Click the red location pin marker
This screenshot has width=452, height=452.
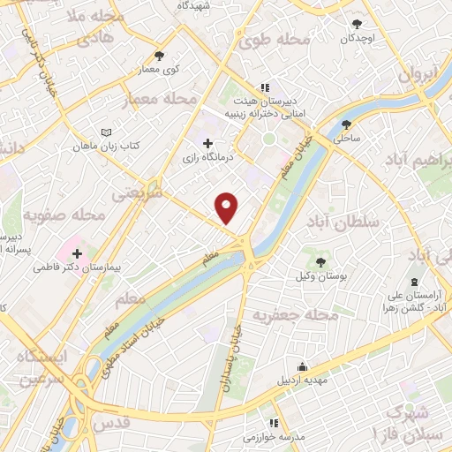227,207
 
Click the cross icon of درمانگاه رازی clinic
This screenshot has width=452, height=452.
207,143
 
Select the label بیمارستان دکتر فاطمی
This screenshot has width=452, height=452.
78,266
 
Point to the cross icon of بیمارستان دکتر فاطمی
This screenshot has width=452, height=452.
78,253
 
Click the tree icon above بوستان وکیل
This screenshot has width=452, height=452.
320,262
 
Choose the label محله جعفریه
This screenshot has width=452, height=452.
296,314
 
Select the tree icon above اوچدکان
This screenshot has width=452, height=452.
357,25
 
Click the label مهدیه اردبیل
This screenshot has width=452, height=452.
303,381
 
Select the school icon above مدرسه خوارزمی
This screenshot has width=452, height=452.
274,424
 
